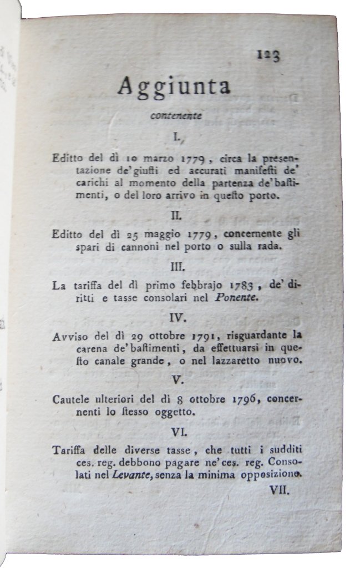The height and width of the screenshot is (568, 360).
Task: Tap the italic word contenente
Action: (175, 116)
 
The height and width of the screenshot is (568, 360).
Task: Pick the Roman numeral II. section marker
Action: (177, 214)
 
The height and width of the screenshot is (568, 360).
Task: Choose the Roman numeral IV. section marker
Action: (177, 318)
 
